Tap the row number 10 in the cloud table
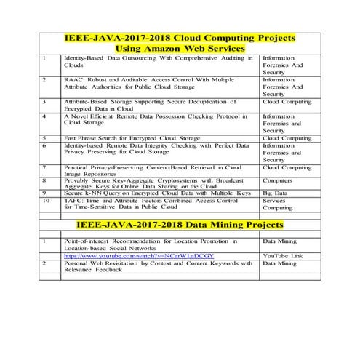click(47, 200)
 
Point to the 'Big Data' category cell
click(276, 193)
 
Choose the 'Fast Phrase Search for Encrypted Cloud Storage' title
click(132, 137)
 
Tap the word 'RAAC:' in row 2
click(76, 78)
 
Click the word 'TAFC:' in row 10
click(76, 200)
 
